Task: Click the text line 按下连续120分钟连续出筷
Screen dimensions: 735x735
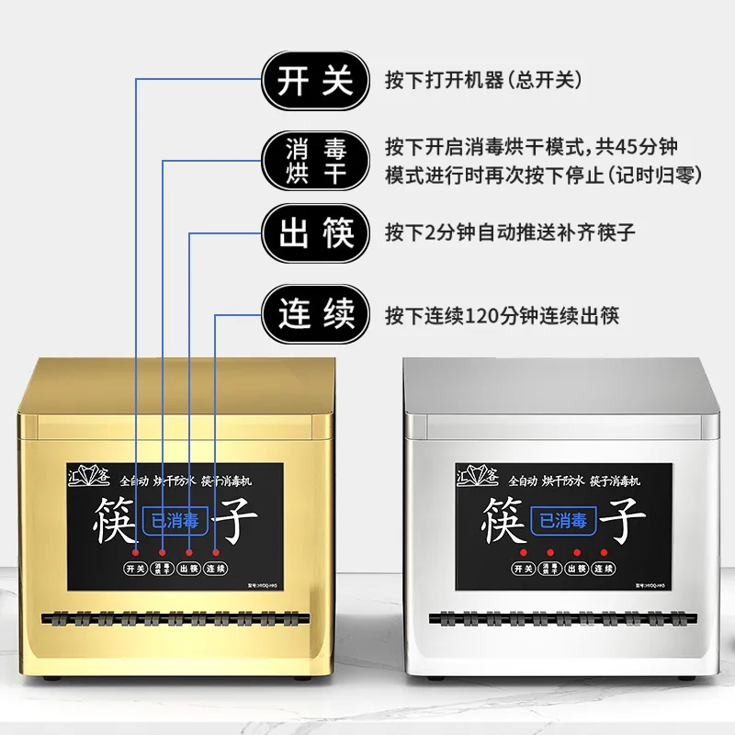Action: (502, 316)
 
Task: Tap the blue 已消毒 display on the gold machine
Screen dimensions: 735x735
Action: (175, 519)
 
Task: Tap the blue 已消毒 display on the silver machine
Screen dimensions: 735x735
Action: (562, 521)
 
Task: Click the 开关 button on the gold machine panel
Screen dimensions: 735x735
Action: (136, 569)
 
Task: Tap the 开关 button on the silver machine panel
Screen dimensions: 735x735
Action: (524, 570)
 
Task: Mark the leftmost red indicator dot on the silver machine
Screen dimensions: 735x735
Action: (524, 552)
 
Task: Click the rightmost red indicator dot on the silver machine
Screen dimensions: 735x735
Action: (604, 552)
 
